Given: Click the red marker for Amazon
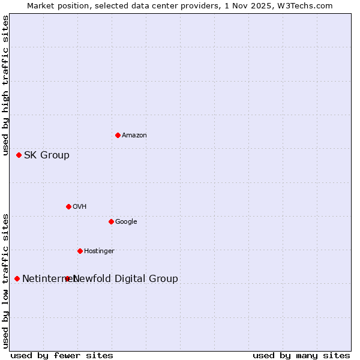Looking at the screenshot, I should (x=118, y=135).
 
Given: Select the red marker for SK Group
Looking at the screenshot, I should (x=19, y=155).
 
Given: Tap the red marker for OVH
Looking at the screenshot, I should (x=68, y=206).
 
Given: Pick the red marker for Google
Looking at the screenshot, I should (x=111, y=221).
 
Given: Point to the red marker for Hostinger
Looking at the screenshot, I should (x=80, y=251).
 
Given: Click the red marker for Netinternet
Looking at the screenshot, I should (x=17, y=278).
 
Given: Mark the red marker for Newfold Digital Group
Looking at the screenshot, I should (x=67, y=278).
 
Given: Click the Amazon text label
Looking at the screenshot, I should (x=134, y=136).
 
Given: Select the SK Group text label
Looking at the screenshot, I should (x=47, y=155).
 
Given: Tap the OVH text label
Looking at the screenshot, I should (x=80, y=207).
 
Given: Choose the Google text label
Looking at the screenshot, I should (x=126, y=222).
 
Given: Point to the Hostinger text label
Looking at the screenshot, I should (x=99, y=251).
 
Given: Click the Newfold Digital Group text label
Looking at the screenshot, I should (x=125, y=279).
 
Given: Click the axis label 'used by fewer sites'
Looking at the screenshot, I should (x=62, y=355).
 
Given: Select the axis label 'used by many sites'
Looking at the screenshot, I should (x=301, y=355).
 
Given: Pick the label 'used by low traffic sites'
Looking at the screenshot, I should (x=5, y=280).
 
